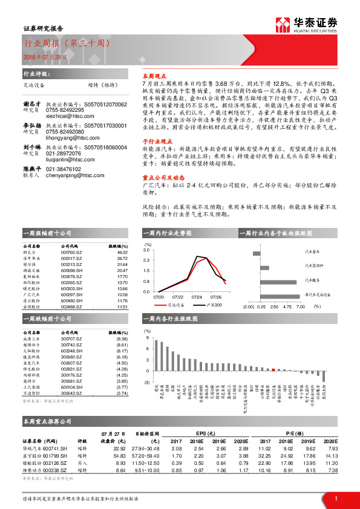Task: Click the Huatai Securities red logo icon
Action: click(x=281, y=25)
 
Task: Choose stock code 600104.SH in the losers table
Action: click(x=71, y=387)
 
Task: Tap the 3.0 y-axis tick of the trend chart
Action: click(x=147, y=249)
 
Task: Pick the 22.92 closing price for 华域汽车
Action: click(x=119, y=449)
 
